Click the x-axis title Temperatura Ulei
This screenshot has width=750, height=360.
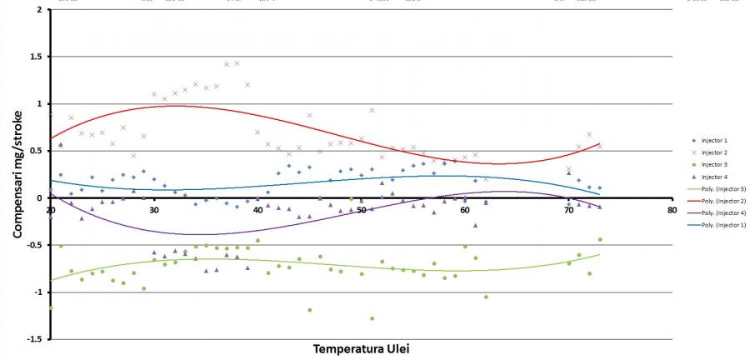pos(362,348)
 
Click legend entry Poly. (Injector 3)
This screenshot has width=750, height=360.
pos(722,189)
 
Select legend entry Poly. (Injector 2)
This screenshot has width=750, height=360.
pos(722,202)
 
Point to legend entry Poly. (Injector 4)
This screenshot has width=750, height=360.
pos(722,214)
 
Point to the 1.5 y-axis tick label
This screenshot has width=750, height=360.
pos(37,57)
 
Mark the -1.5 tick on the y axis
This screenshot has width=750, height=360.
pos(35,339)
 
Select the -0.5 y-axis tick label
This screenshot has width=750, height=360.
pos(35,245)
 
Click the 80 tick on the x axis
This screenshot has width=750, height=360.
pos(672,210)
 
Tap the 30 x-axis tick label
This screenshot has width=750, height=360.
pos(154,210)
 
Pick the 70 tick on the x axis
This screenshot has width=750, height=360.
pos(568,210)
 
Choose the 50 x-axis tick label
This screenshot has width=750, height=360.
pos(361,210)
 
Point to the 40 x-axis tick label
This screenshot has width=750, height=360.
pos(257,210)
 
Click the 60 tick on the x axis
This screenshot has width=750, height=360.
pos(465,210)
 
